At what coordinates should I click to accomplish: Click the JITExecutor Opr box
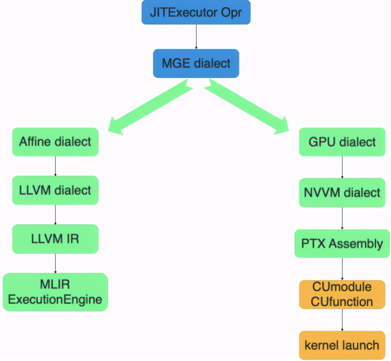tap(196, 13)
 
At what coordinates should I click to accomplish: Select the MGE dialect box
tap(196, 63)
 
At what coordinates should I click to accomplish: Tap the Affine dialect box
tap(55, 142)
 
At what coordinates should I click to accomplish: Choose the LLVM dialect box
tap(55, 190)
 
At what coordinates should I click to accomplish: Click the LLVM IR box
tap(55, 239)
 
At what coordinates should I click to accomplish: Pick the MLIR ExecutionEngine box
tap(55, 292)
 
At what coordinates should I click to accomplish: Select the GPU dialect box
tap(342, 142)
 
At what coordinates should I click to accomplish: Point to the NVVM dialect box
tap(342, 193)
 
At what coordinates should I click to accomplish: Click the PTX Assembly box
tap(342, 244)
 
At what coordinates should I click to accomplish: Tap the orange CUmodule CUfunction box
tap(342, 295)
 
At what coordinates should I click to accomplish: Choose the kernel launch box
tap(342, 345)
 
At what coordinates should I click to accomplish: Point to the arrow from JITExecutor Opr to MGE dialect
tap(196, 37)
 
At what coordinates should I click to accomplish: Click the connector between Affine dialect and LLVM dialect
tap(55, 166)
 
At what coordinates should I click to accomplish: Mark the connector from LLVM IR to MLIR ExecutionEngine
tap(55, 263)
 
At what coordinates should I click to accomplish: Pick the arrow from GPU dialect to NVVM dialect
tap(342, 167)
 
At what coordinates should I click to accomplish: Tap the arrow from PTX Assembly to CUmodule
tap(342, 269)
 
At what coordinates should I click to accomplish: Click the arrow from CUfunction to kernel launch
tap(342, 320)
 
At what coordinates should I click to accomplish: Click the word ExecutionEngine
tap(55, 300)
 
